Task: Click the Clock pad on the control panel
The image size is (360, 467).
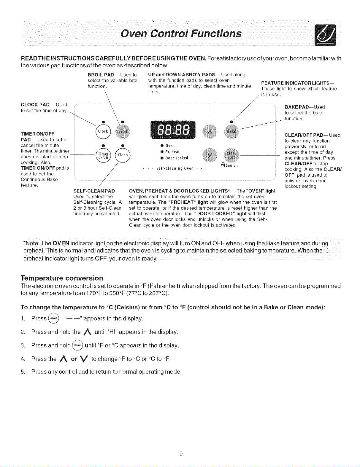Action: tap(103, 131)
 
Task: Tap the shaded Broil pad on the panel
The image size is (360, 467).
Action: tap(123, 131)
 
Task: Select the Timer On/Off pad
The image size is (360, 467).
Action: tap(103, 155)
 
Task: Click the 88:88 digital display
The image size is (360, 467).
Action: tap(173, 130)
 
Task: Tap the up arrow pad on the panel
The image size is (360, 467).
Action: tap(210, 131)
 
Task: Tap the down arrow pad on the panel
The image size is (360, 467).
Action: tap(210, 155)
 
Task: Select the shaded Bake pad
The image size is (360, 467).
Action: tap(231, 131)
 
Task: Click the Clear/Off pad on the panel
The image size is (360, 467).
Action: tap(231, 155)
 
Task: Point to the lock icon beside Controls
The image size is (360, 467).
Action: tap(223, 165)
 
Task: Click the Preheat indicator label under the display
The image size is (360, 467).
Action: tap(172, 152)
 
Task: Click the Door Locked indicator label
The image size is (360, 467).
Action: tap(177, 158)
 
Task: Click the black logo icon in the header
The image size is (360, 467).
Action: tap(325, 35)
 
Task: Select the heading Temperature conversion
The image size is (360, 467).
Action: tap(62, 278)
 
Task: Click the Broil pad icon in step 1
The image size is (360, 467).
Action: tap(53, 318)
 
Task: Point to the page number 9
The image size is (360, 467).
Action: tap(181, 453)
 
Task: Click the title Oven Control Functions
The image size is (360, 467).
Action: tap(181, 34)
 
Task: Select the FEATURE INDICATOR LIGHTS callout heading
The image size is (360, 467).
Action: tap(298, 83)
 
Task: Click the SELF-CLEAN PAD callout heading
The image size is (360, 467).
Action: tap(96, 191)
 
